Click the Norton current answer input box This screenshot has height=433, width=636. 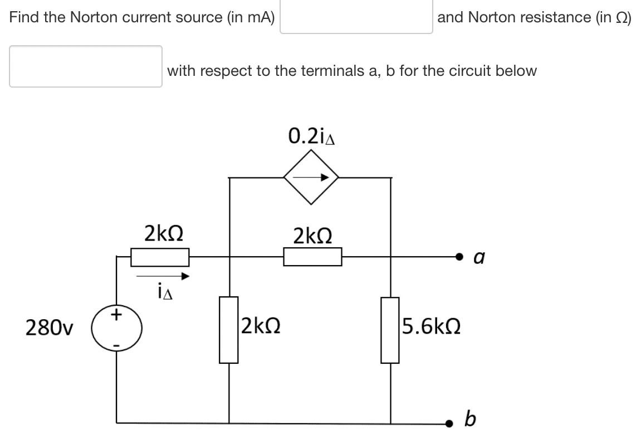click(x=356, y=17)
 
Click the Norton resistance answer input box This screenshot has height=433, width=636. click(x=86, y=66)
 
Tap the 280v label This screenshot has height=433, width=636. click(x=50, y=329)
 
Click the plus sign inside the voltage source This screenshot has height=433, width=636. click(x=116, y=315)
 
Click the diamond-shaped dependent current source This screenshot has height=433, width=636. click(x=311, y=178)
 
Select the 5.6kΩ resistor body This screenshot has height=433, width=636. click(x=390, y=330)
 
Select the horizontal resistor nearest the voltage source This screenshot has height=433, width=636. click(x=159, y=257)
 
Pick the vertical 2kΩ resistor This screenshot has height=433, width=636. click(x=229, y=330)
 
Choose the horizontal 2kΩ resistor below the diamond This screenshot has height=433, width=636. click(x=312, y=257)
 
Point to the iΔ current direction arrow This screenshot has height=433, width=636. click(x=163, y=276)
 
